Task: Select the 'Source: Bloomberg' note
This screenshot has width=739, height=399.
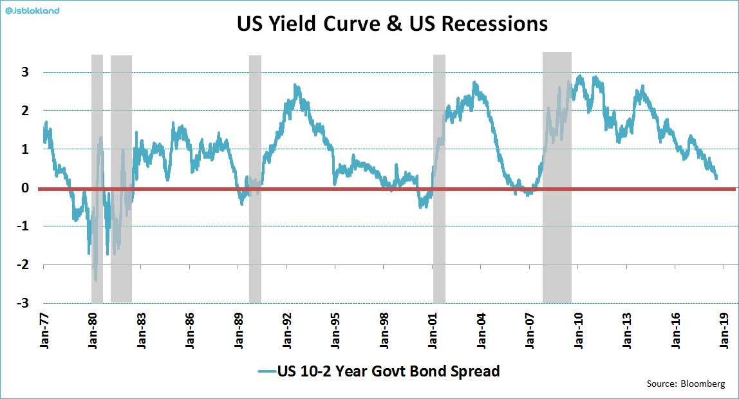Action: click(x=686, y=384)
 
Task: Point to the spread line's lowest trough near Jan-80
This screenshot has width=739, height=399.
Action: click(x=96, y=281)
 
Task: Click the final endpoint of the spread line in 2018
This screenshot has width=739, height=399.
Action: click(x=716, y=178)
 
